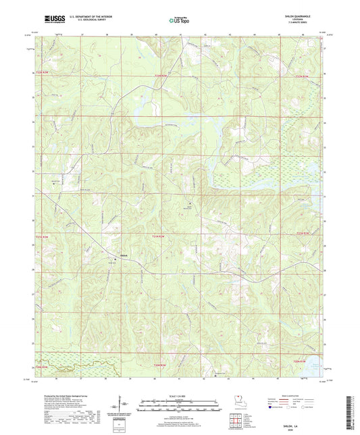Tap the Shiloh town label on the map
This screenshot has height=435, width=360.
(x=124, y=255)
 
